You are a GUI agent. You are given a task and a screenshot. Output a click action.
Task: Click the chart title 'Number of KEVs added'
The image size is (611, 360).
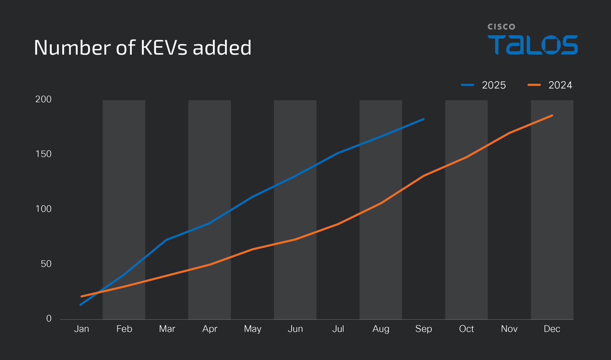(142, 48)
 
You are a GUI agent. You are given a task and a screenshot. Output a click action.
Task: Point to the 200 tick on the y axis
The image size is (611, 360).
(43, 99)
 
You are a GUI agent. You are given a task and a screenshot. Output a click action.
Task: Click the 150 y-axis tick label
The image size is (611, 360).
(43, 154)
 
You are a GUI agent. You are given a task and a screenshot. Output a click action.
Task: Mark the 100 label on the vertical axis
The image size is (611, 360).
(43, 209)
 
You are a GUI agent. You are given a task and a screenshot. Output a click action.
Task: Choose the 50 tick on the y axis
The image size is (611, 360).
(46, 264)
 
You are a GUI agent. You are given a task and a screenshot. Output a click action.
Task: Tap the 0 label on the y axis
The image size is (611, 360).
(49, 318)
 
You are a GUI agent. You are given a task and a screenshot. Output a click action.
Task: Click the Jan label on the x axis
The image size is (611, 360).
(82, 329)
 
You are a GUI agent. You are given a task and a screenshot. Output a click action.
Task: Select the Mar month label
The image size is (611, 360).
(167, 329)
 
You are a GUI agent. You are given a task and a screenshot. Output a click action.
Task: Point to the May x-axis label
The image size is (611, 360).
(253, 329)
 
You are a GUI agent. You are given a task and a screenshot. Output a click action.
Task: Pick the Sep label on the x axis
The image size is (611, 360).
(423, 329)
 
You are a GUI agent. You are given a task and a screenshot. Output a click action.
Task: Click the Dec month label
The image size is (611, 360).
(552, 329)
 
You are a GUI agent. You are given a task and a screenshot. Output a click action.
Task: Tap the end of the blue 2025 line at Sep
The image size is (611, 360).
(423, 119)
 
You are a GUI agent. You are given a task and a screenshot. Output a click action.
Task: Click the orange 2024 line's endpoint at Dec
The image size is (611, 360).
(552, 116)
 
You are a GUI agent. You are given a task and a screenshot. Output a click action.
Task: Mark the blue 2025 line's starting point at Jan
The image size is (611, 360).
(81, 305)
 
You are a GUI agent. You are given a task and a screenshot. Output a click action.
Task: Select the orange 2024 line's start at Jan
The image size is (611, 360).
(81, 296)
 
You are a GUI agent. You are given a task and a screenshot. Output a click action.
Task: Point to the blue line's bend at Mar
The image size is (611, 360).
(166, 240)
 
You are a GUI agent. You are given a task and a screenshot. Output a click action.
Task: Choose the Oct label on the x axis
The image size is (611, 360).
(466, 329)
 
